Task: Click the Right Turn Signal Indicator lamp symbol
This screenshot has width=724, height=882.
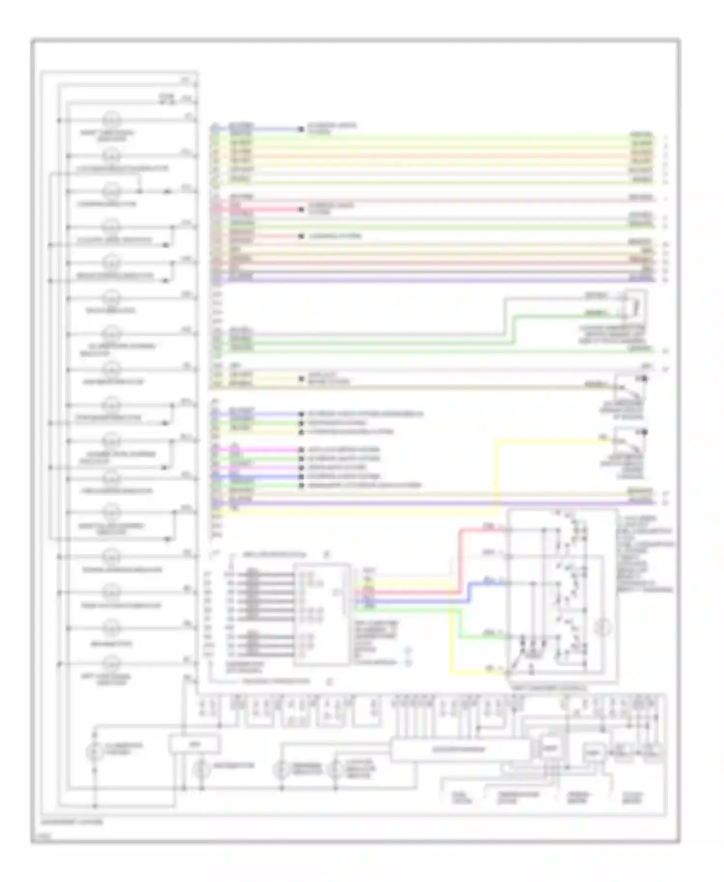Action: [x=112, y=121]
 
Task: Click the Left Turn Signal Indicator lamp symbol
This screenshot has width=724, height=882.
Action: [x=112, y=663]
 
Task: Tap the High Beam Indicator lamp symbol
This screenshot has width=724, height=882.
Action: [x=112, y=370]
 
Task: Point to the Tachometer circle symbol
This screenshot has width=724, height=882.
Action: [x=201, y=769]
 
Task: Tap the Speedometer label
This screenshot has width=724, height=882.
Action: [x=577, y=798]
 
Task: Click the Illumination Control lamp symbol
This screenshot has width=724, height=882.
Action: [x=94, y=752]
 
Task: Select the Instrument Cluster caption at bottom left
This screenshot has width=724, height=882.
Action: [x=72, y=822]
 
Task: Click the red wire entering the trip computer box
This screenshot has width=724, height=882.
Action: [x=483, y=529]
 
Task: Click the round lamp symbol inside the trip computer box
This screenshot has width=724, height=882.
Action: [x=602, y=628]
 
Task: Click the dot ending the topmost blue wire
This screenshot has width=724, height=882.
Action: [x=301, y=129]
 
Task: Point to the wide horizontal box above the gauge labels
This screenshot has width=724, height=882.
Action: [x=459, y=750]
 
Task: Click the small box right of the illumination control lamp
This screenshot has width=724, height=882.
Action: [x=194, y=744]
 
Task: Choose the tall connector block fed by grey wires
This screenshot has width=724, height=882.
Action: [x=321, y=614]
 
